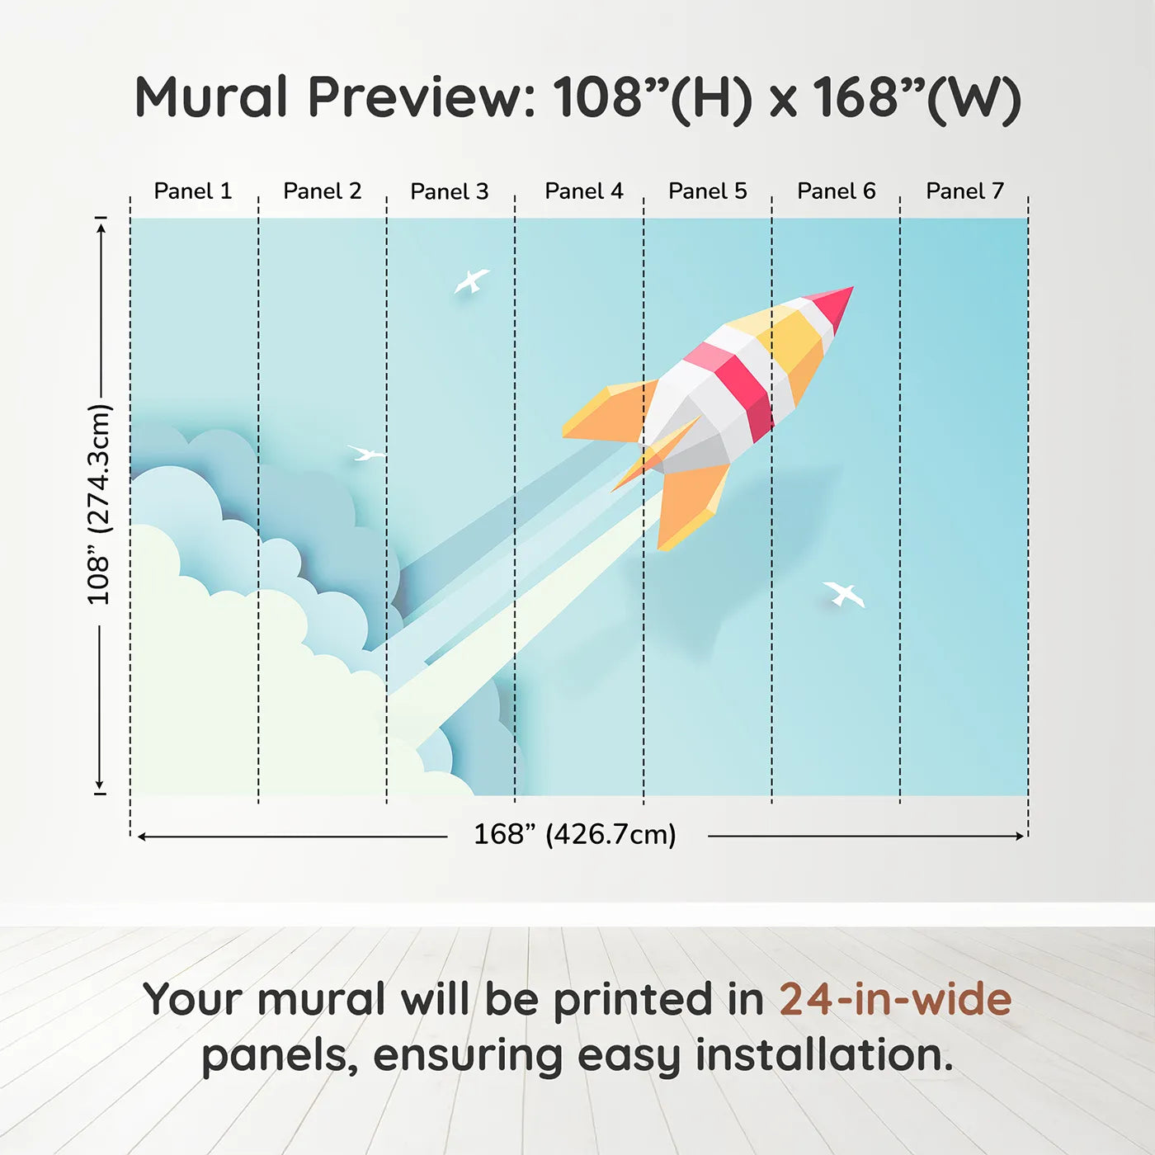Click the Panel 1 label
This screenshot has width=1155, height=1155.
click(192, 191)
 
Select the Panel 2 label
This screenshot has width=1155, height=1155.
click(323, 191)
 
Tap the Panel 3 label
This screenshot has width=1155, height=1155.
click(450, 191)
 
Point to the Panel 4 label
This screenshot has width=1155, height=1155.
click(584, 191)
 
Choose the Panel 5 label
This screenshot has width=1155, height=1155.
click(708, 191)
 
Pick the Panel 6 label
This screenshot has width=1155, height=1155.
click(836, 191)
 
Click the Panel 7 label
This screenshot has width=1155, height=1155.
click(964, 191)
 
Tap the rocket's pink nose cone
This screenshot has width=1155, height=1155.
click(830, 304)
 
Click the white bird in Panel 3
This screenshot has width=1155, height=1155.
click(472, 280)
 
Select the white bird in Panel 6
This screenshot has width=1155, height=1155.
click(844, 593)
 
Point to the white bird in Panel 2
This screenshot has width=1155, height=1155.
click(365, 453)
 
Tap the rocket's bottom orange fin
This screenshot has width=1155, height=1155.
click(691, 507)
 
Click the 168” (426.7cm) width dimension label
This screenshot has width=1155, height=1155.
click(575, 834)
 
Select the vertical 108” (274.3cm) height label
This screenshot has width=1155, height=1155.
click(99, 505)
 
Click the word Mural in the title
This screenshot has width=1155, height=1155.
click(211, 97)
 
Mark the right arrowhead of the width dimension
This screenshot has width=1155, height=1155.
click(1020, 836)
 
